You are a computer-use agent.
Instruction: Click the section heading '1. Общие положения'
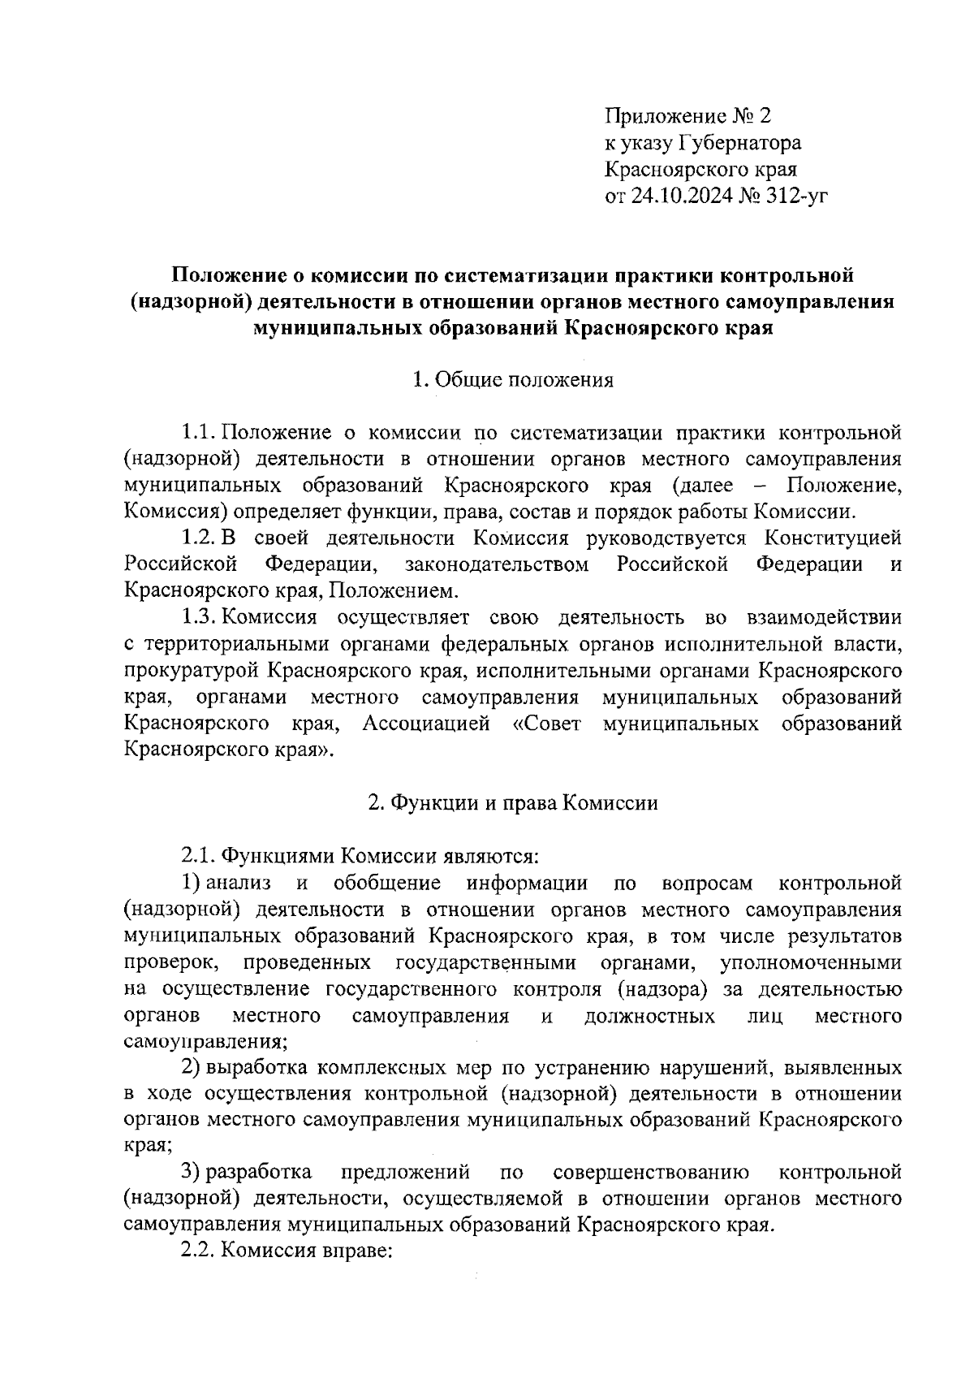513,379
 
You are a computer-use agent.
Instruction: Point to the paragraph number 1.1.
198,431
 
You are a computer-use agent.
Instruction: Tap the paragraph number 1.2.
198,538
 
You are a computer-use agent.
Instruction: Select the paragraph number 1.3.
198,617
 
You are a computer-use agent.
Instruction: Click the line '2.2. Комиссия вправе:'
287,1251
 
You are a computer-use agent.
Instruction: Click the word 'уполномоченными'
810,962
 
